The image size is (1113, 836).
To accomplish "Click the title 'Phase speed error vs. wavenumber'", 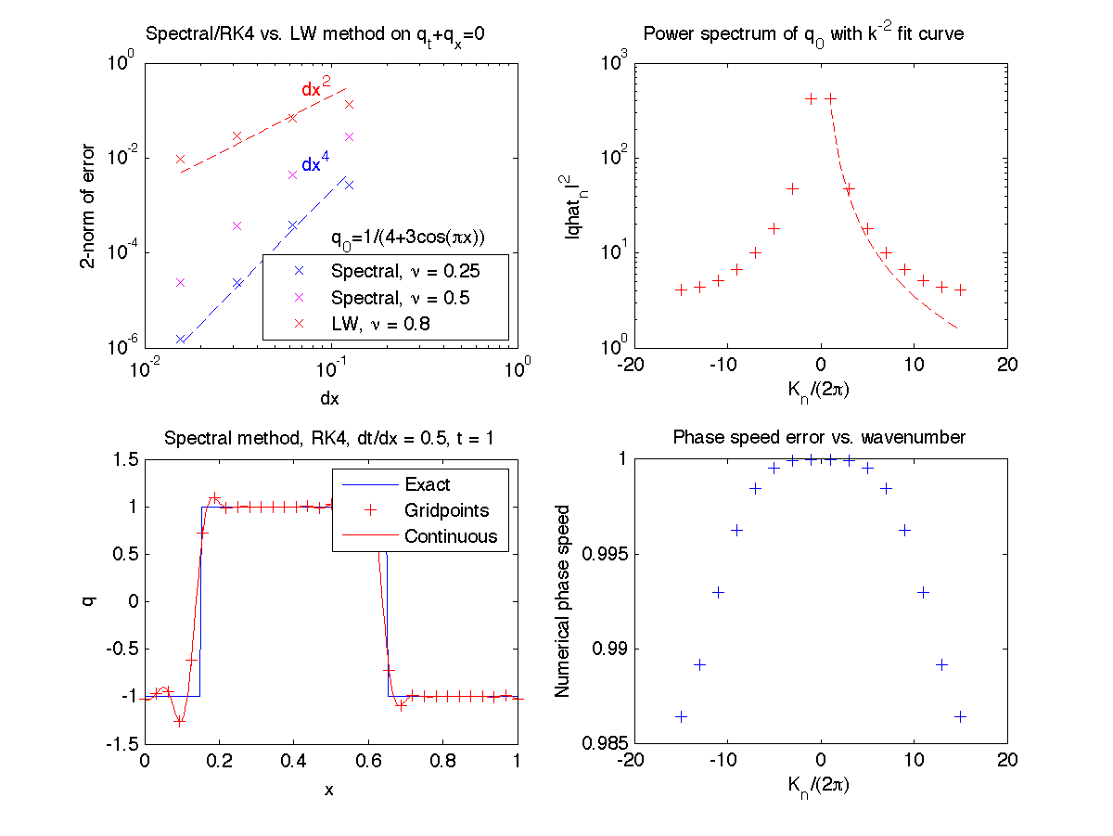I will [x=818, y=436].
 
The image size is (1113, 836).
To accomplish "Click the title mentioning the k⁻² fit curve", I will [x=803, y=35].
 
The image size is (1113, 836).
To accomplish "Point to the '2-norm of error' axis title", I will [x=87, y=204].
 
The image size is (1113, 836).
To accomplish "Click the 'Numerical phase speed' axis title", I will [x=562, y=600].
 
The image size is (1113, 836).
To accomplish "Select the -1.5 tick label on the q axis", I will [x=118, y=744].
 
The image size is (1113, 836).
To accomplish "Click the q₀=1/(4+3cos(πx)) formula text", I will [x=409, y=237].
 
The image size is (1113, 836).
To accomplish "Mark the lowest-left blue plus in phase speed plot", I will [x=681, y=716].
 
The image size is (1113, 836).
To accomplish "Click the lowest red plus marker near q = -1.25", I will [x=180, y=721].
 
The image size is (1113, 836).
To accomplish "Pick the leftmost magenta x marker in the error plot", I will [x=181, y=282].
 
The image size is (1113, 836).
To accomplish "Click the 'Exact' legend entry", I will [x=427, y=484].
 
